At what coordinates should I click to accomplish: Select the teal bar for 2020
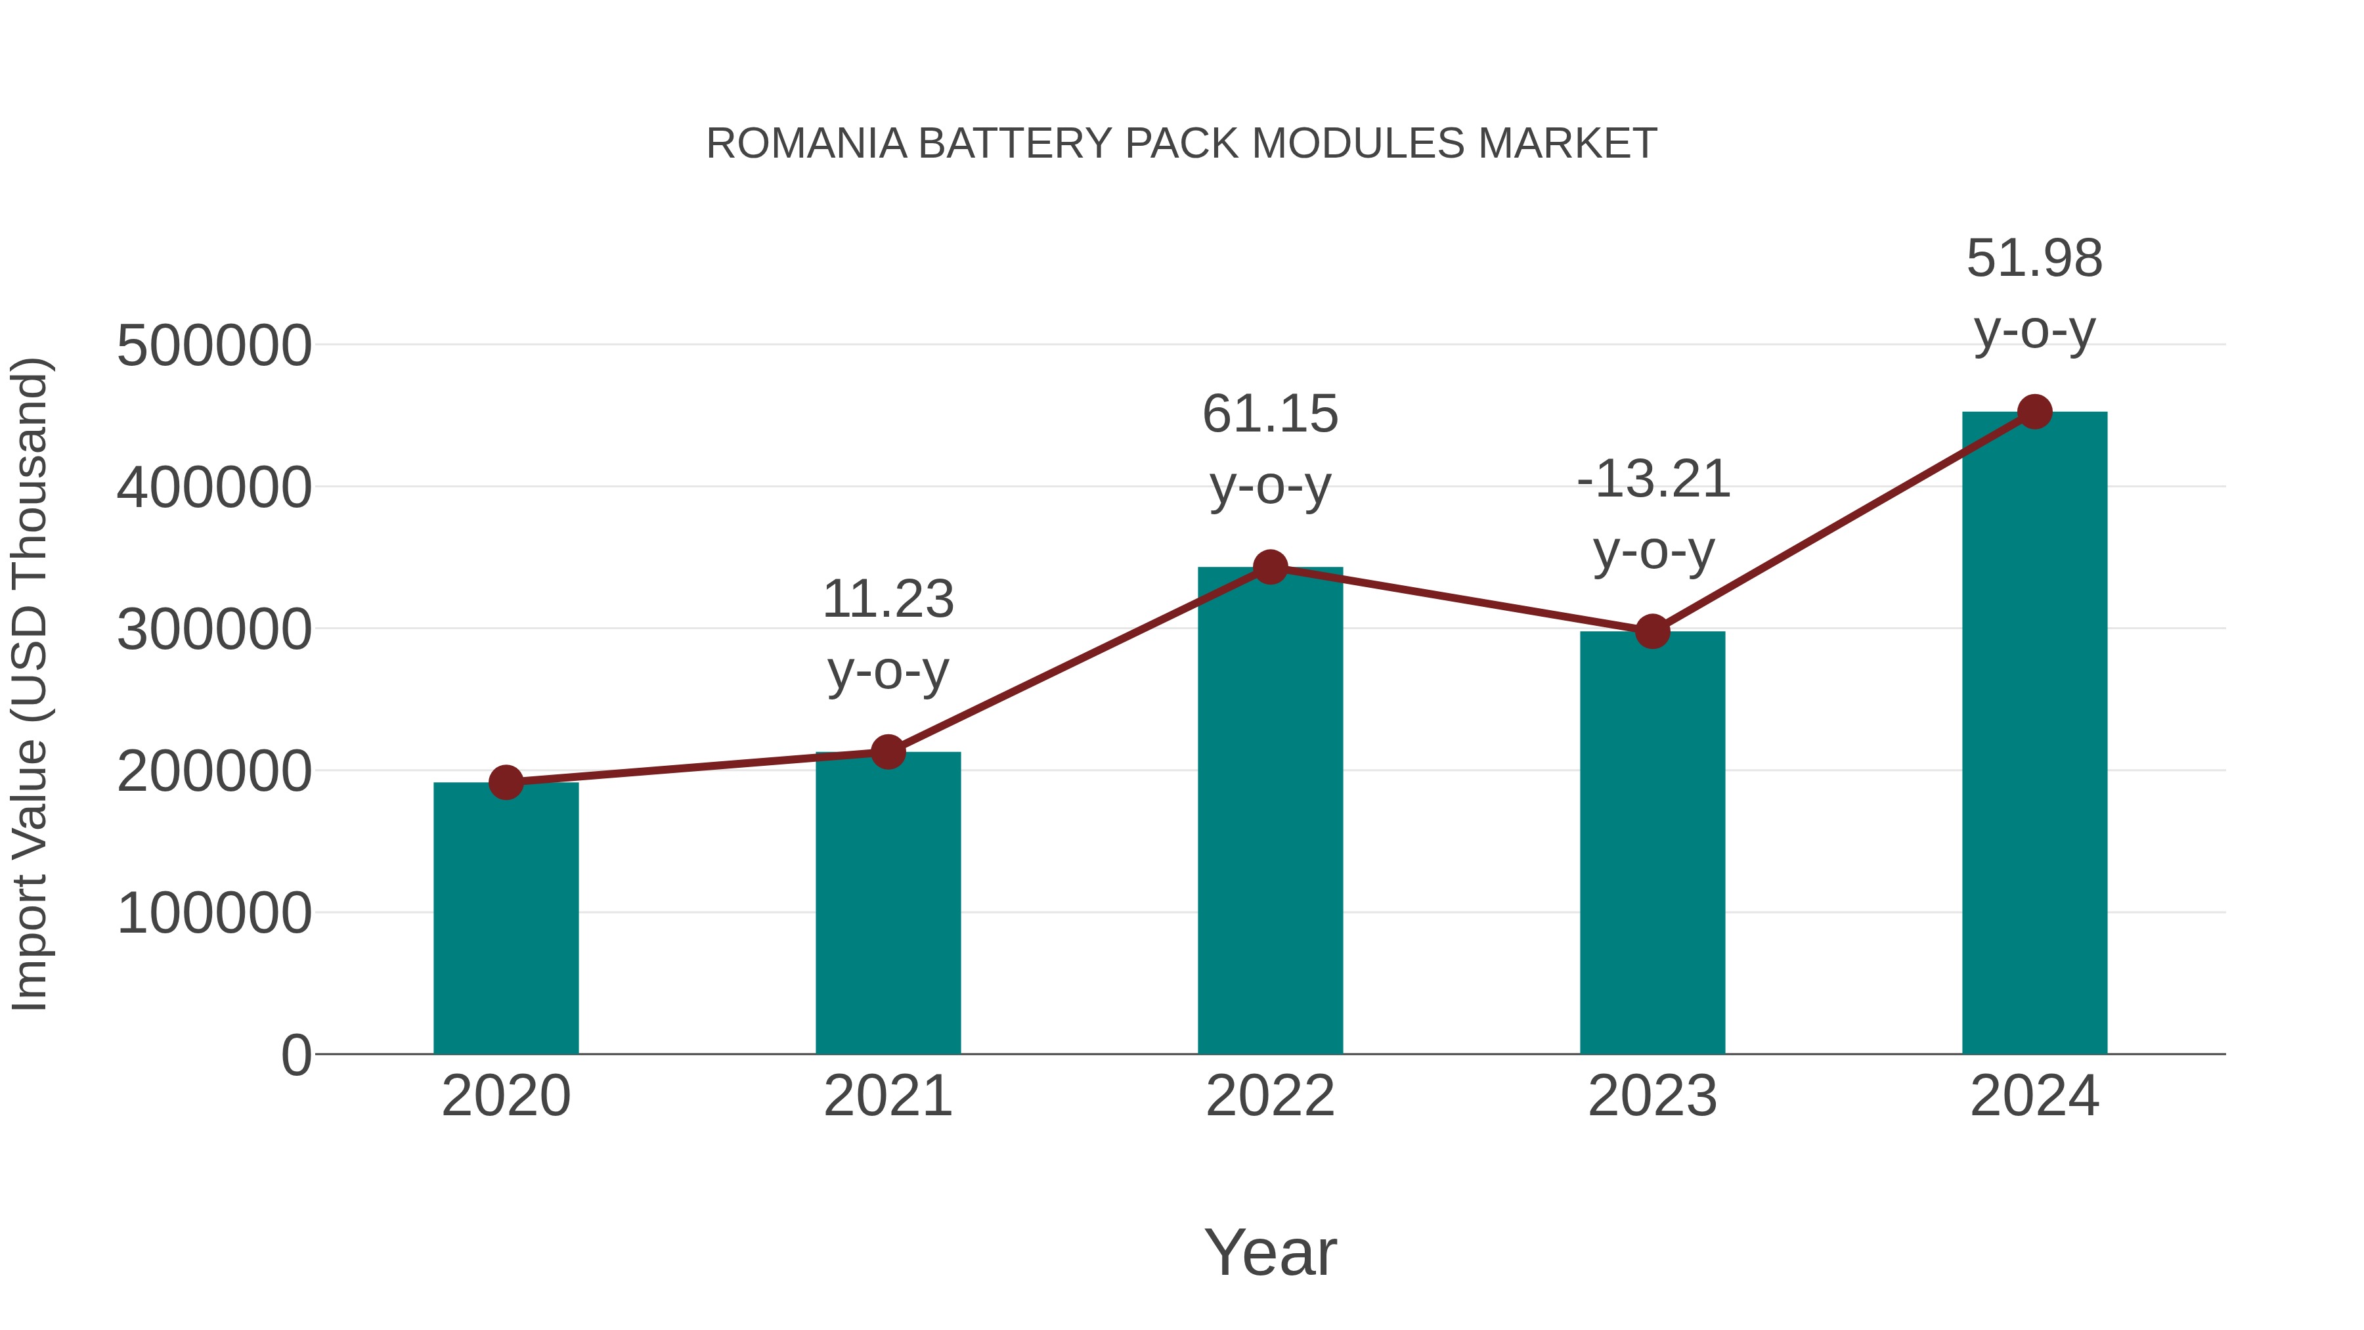(506, 918)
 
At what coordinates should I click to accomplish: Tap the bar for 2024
(2034, 734)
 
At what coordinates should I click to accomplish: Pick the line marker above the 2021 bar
(887, 753)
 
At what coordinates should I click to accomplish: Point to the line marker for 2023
(1652, 631)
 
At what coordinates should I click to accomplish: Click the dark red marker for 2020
(506, 783)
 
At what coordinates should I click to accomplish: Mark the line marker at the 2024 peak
(2034, 412)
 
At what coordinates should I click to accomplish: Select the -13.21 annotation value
(1653, 480)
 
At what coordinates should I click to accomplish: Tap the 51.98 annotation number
(2034, 259)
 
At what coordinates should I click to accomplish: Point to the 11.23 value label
(887, 600)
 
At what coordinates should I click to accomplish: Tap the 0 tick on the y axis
(295, 1055)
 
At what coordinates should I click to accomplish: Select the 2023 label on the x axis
(1652, 1096)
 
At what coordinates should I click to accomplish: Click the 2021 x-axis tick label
(887, 1096)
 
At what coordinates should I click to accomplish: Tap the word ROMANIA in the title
(806, 144)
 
